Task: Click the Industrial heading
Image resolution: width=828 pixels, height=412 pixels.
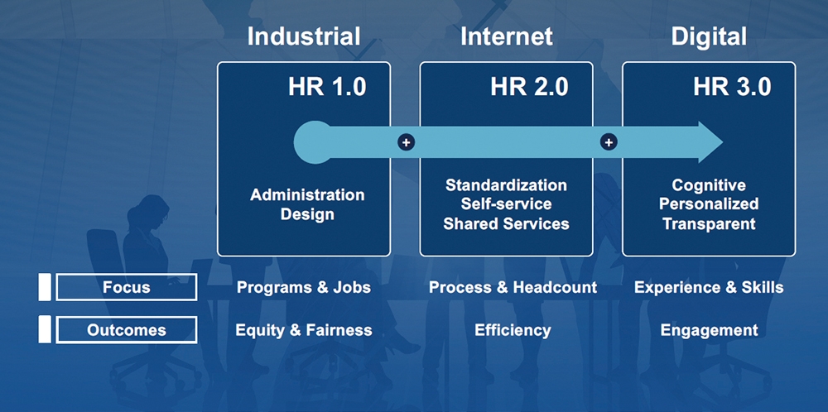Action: [x=304, y=37]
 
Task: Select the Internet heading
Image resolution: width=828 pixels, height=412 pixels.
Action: [x=507, y=37]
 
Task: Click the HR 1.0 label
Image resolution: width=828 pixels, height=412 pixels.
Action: [x=327, y=88]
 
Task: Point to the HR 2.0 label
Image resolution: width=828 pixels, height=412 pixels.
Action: [x=529, y=88]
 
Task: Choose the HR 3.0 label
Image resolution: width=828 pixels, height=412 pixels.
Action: [x=732, y=88]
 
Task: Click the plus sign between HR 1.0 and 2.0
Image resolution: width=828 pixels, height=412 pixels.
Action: [x=406, y=142]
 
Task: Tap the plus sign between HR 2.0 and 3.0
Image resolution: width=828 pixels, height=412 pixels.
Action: [x=609, y=142]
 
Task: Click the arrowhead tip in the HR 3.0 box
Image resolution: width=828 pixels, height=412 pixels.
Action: [x=722, y=142]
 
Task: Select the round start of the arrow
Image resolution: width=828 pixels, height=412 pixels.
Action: [x=314, y=142]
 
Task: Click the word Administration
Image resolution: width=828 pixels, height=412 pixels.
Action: [x=307, y=195]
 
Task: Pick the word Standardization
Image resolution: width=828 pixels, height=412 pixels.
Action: [x=507, y=185]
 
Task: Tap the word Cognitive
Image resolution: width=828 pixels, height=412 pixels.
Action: [x=709, y=185]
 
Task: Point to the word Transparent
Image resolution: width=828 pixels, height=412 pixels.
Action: [x=709, y=223]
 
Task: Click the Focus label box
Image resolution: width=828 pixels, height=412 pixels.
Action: [x=126, y=287]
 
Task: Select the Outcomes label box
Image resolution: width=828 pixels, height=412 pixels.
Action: [x=126, y=330]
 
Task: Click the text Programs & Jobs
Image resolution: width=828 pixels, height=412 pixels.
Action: [x=304, y=288]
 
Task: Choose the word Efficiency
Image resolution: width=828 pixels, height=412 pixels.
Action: [x=513, y=330]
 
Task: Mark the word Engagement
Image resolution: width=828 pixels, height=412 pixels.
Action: [x=710, y=331]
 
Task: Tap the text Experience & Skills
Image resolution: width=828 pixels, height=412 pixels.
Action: [x=709, y=288]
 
